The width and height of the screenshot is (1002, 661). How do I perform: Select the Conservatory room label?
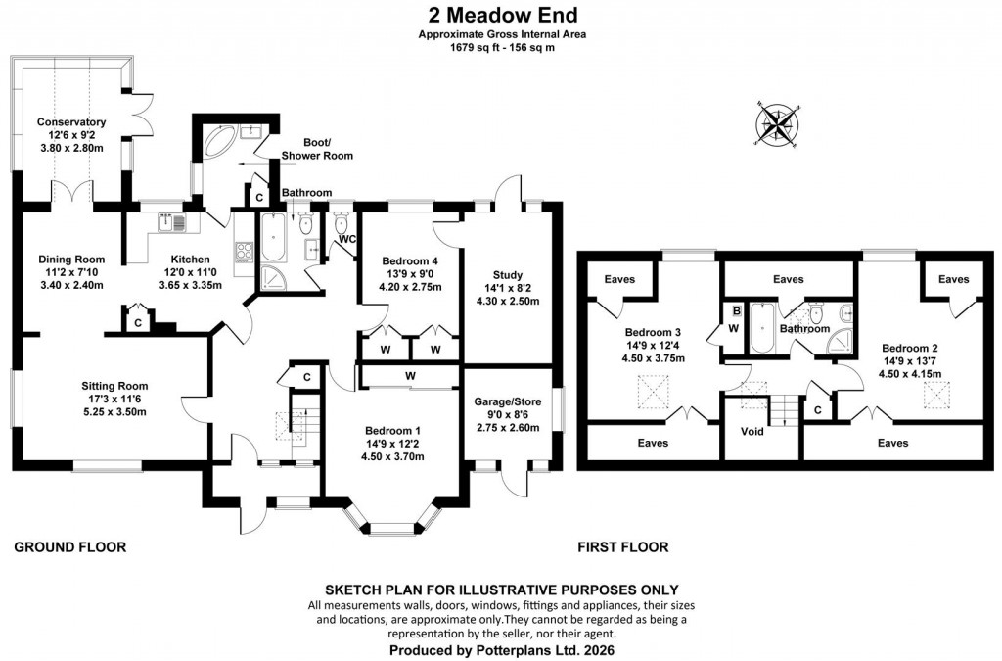[70, 122]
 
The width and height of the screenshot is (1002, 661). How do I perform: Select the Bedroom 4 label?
[410, 260]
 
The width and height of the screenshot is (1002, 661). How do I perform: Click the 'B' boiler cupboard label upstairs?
[735, 311]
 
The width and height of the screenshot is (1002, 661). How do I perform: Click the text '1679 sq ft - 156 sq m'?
[502, 45]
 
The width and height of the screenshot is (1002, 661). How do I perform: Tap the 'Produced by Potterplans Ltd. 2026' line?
[502, 649]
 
